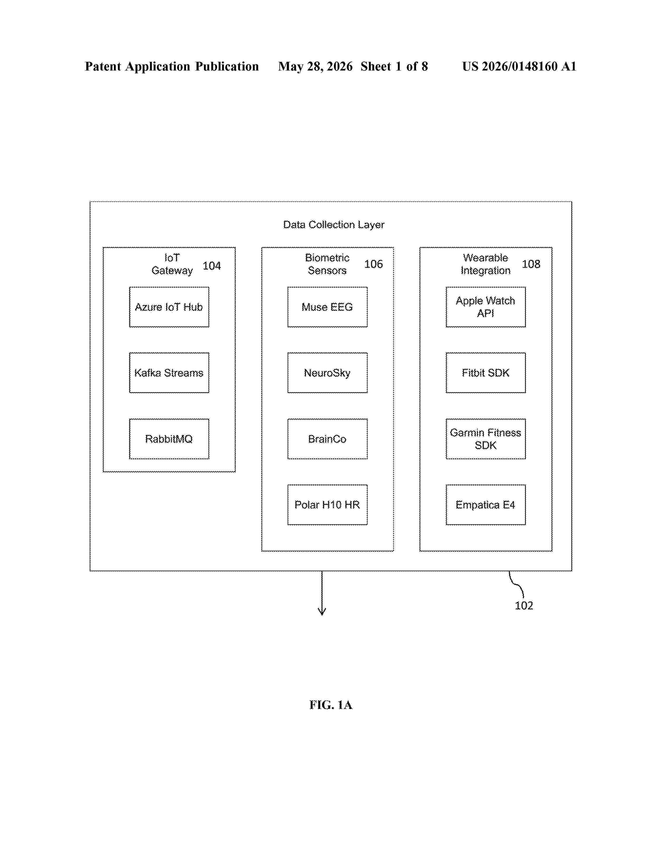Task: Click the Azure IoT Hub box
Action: coord(169,307)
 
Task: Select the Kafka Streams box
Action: coord(169,373)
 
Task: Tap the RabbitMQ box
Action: coord(169,439)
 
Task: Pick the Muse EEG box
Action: coord(327,307)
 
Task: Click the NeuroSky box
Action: coord(327,373)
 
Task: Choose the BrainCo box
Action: coord(327,439)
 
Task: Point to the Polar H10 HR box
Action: coord(327,505)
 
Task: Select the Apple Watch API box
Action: coord(485,307)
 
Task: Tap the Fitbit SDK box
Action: coord(485,373)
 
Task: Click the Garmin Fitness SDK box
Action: coord(485,439)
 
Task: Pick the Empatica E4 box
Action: coord(485,505)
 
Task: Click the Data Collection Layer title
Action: coord(333,225)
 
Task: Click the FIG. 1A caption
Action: coord(331,705)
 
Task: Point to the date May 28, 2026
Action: coord(315,66)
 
